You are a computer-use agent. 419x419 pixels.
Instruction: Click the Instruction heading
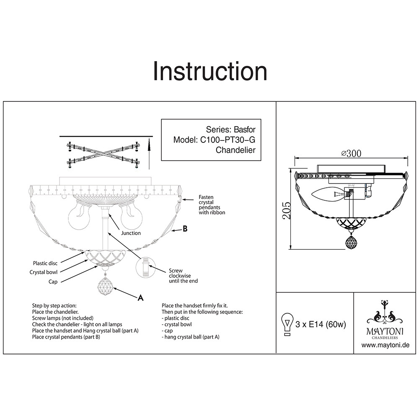pos(209,71)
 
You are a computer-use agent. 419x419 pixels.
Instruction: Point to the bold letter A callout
pos(141,297)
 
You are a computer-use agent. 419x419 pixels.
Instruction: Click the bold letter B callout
pos(185,229)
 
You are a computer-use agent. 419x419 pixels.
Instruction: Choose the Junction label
pos(131,233)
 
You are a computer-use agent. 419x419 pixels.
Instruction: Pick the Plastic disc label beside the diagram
pos(45,263)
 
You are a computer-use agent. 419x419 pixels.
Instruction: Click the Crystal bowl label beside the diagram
pos(44,272)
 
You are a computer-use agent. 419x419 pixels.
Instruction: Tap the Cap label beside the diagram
pos(53,282)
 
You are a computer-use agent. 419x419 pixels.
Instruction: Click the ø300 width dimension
pos(351,153)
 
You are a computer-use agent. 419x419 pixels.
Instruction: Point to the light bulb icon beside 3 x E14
pos(287,324)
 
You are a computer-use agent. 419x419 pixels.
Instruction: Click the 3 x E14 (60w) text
pos(321,324)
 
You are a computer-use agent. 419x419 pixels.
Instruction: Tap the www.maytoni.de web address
pos(385,345)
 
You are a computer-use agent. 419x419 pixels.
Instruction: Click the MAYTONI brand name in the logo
pos(385,331)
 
